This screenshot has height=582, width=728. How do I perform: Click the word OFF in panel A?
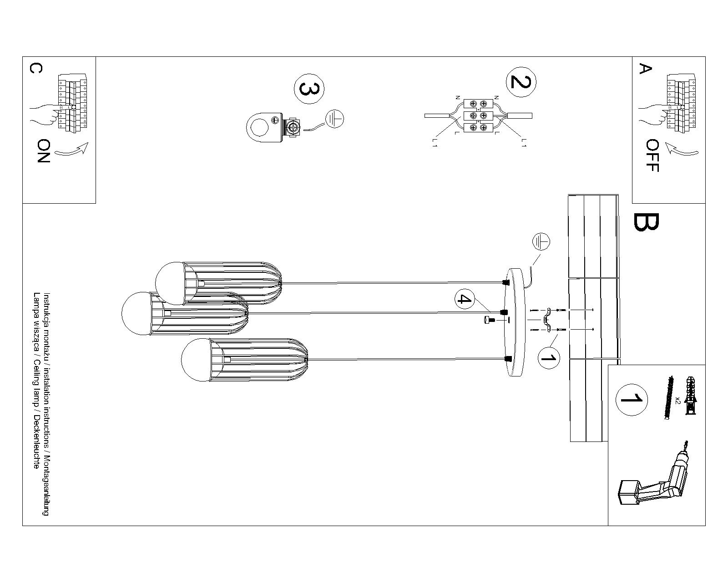(652, 155)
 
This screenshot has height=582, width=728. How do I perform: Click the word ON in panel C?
(43, 151)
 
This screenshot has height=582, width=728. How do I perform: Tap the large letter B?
(646, 222)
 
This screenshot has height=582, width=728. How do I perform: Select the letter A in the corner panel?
(645, 68)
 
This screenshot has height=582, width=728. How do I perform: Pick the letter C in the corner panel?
(36, 68)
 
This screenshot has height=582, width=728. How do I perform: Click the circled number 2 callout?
(521, 82)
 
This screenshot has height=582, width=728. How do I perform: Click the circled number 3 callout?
(309, 89)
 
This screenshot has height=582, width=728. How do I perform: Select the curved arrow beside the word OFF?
(682, 150)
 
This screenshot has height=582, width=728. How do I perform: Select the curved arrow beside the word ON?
(71, 150)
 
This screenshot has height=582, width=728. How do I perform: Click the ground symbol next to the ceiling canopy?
(541, 241)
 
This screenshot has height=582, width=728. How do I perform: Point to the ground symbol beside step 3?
(334, 119)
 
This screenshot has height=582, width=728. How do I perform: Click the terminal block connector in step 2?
(478, 115)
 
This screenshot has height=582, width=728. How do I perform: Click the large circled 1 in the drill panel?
(631, 399)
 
